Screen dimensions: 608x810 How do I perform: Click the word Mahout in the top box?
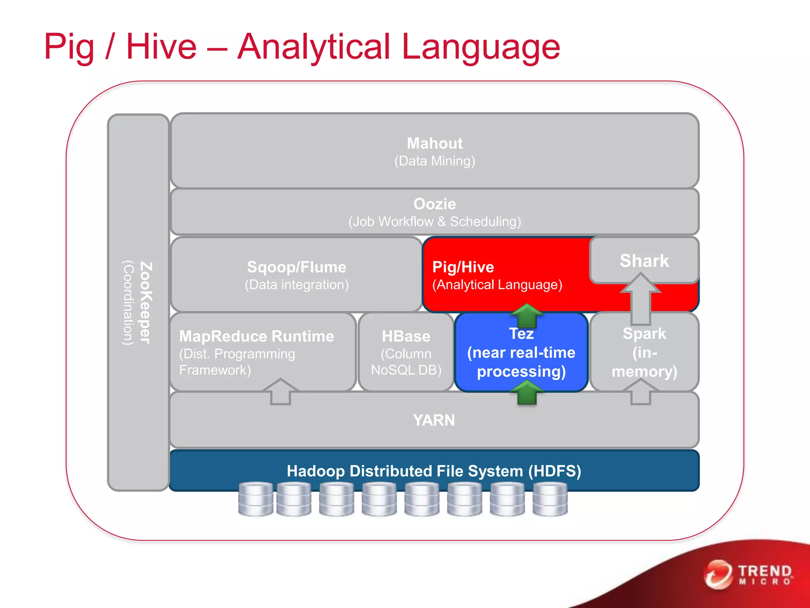pyautogui.click(x=434, y=143)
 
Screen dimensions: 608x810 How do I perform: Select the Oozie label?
pyautogui.click(x=434, y=204)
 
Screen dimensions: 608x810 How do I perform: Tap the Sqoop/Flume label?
pyautogui.click(x=296, y=267)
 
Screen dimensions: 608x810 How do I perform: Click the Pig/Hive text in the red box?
pyautogui.click(x=463, y=267)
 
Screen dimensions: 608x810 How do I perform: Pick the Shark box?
pyautogui.click(x=644, y=261)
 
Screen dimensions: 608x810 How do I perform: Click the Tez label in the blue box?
pyautogui.click(x=521, y=334)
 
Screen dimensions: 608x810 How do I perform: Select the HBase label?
pyautogui.click(x=406, y=336)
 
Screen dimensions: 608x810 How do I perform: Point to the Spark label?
pyautogui.click(x=644, y=334)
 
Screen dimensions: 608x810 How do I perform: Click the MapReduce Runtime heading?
pyautogui.click(x=256, y=336)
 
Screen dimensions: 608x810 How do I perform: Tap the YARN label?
pyautogui.click(x=434, y=420)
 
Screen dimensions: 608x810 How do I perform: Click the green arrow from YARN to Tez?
pyautogui.click(x=527, y=392)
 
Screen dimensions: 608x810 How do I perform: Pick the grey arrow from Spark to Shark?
pyautogui.click(x=640, y=299)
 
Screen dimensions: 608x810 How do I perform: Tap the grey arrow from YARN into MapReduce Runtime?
pyautogui.click(x=280, y=391)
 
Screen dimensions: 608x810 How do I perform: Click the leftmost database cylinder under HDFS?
pyautogui.click(x=255, y=499)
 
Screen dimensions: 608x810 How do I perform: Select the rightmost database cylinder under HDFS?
pyautogui.click(x=550, y=499)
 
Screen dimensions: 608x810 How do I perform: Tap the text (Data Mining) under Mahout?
pyautogui.click(x=434, y=161)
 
